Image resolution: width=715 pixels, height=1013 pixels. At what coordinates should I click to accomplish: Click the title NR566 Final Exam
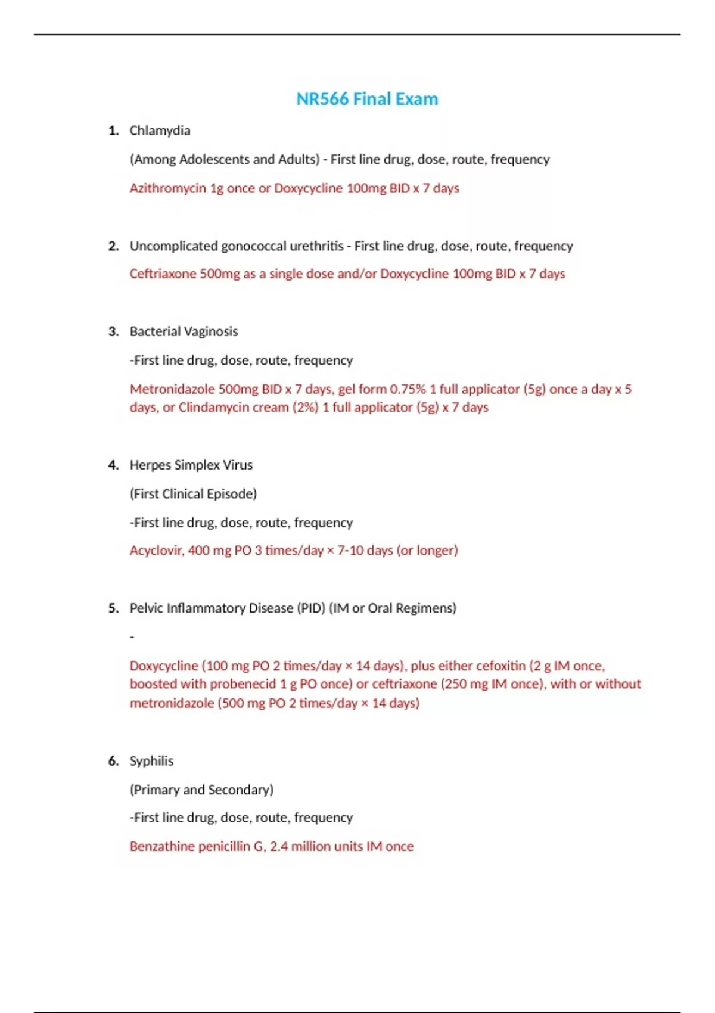[367, 99]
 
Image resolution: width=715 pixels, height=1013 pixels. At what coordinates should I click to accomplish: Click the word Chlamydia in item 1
[160, 130]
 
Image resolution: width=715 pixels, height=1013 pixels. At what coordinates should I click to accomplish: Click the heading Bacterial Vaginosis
[184, 331]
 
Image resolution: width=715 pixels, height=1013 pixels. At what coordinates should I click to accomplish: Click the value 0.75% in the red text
[408, 389]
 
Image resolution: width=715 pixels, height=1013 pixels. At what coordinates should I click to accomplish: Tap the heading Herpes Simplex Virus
[191, 465]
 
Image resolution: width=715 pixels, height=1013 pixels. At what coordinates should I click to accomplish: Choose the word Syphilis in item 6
[151, 761]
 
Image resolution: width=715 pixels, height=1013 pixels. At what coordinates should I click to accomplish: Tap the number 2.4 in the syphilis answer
[278, 847]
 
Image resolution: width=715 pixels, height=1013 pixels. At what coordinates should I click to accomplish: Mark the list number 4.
[113, 465]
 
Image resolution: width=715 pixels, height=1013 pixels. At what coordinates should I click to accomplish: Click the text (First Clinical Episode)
[193, 494]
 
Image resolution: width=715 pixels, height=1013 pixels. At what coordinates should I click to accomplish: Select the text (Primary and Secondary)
[201, 790]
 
